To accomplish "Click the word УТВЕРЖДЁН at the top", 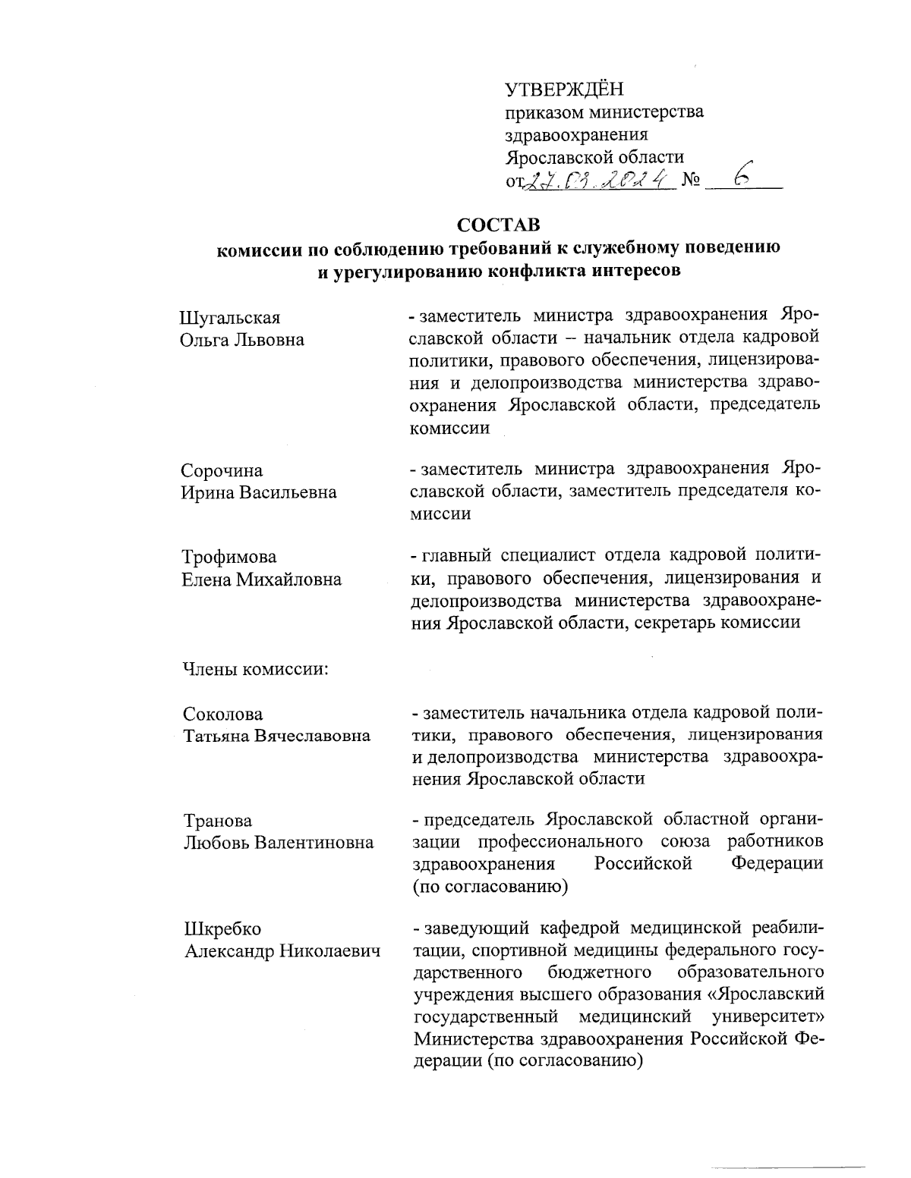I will tap(563, 90).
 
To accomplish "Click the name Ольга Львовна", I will tap(242, 339).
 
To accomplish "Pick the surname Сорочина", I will tap(222, 471).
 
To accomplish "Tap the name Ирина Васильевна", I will tap(258, 492).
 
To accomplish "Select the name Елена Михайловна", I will tap(261, 580).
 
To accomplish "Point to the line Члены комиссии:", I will tap(254, 670).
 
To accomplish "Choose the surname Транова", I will tap(218, 821).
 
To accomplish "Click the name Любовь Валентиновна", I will tap(279, 843).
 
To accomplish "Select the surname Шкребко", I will tap(222, 929).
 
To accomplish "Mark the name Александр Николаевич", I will tap(282, 951).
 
